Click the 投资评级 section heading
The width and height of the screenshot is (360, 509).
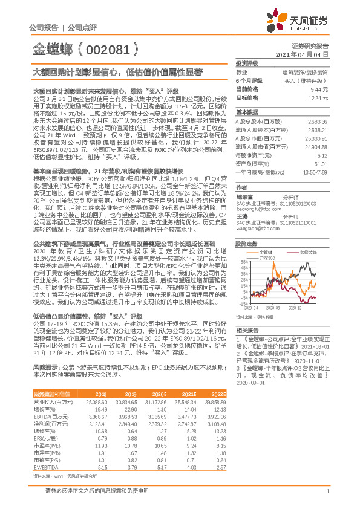[247, 63]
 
